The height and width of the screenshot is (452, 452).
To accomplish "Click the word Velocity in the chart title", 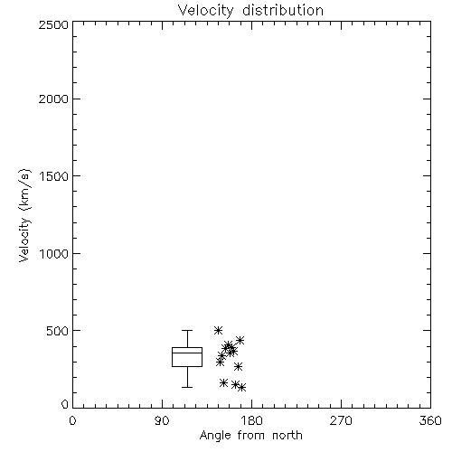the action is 205,11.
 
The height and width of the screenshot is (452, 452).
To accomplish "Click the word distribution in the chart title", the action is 283,10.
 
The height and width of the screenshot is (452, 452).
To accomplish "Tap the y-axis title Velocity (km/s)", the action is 24,215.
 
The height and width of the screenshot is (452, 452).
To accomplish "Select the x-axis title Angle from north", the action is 250,436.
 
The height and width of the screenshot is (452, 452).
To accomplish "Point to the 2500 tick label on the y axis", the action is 53,24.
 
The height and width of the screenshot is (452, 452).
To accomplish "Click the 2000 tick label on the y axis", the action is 53,99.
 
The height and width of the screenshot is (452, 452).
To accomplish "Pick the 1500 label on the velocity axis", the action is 54,176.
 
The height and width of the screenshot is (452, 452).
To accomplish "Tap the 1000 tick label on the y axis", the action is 54,253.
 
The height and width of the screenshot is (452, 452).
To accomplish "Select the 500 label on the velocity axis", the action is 58,331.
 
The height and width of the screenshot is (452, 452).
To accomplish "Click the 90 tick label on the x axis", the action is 162,420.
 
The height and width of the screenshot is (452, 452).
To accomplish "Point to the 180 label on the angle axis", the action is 251,420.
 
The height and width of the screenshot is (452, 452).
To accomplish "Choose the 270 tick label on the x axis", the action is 341,420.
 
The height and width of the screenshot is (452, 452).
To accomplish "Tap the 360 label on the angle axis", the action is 430,420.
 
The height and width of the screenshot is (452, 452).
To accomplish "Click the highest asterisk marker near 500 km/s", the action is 218,331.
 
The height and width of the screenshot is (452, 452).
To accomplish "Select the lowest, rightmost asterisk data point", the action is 241,388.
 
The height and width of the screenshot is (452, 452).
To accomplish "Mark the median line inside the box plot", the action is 187,353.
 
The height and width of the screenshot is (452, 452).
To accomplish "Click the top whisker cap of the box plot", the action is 187,331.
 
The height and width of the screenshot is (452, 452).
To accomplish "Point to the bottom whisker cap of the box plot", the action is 187,387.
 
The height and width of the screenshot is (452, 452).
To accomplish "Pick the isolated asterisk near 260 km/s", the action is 239,367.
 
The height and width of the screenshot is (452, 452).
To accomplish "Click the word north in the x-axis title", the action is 287,436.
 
